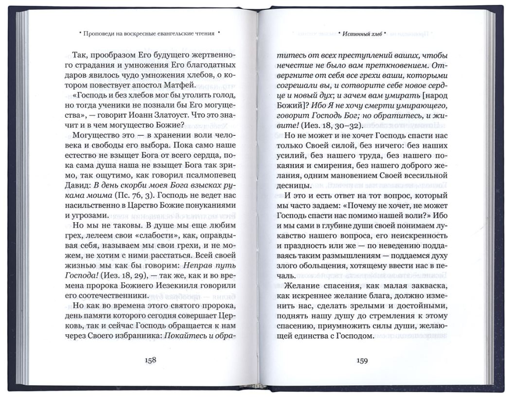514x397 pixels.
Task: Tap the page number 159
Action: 362,361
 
